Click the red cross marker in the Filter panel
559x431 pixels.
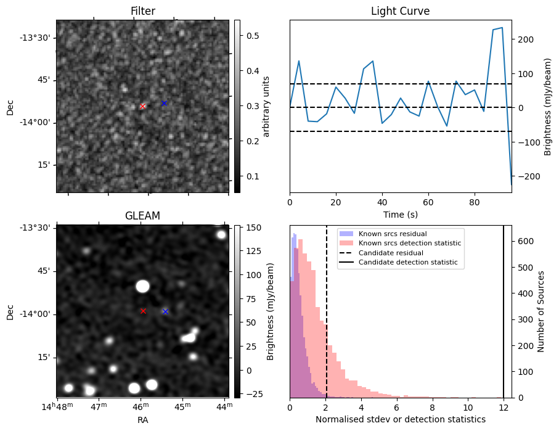pos(143,106)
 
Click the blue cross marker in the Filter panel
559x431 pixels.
pos(164,103)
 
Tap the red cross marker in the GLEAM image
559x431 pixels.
pos(143,311)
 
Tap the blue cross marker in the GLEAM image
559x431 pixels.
pos(165,311)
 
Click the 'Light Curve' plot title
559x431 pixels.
pos(400,11)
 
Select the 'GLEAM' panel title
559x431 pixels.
pos(142,216)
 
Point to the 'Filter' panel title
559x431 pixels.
pos(142,11)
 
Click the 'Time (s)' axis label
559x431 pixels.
pos(400,214)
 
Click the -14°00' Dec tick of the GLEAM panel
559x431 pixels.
pos(38,314)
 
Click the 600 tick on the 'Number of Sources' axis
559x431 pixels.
pos(524,241)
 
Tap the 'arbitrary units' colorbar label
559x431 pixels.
pos(266,106)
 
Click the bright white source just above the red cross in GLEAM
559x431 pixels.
pos(143,286)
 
